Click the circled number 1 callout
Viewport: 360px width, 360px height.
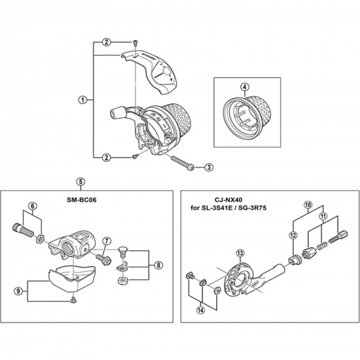(82, 100)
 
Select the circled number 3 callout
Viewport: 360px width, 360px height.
(208, 168)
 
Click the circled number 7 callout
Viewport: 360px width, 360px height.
(106, 242)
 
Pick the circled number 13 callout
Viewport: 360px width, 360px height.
(240, 253)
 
